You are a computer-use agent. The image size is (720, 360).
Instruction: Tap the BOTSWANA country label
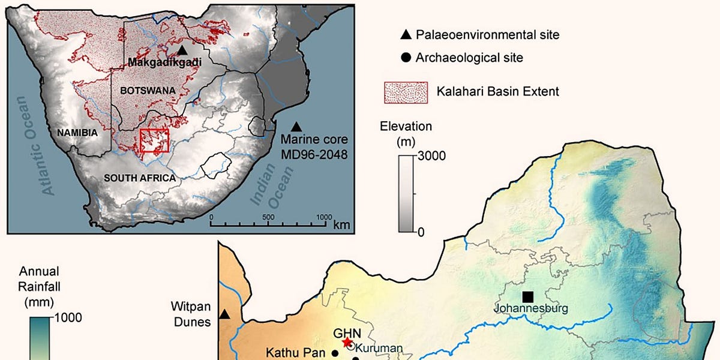[x=147, y=90]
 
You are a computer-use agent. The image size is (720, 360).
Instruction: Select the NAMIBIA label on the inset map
[x=77, y=133]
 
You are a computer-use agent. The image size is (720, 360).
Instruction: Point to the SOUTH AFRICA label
[x=140, y=178]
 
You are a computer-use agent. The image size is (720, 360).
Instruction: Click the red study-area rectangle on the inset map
[x=154, y=141]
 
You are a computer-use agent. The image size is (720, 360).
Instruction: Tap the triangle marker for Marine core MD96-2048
[x=296, y=127]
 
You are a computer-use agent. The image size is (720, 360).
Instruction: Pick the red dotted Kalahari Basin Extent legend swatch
[x=405, y=92]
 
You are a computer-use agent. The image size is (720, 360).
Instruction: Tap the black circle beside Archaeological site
[x=406, y=58]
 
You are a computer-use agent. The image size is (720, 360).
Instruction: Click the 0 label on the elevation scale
[x=421, y=232]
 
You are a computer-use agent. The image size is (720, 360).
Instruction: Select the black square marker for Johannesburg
[x=527, y=296]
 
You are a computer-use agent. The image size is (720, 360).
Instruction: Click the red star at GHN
[x=347, y=343]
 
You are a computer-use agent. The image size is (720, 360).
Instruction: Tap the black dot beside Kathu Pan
[x=334, y=353]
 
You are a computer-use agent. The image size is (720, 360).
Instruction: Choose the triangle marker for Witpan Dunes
[x=224, y=314]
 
